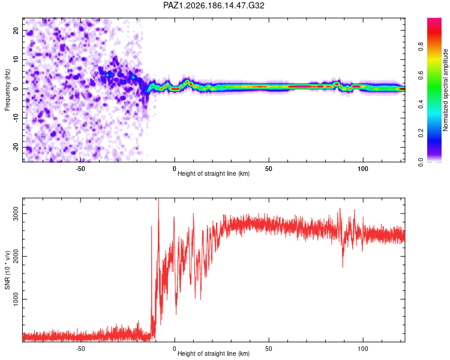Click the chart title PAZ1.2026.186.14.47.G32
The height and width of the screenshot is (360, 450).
coord(214,5)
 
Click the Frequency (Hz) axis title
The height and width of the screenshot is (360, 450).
coord(7,90)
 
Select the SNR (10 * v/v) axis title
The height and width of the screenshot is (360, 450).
coord(7,270)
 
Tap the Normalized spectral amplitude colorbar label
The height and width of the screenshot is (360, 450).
coord(445,90)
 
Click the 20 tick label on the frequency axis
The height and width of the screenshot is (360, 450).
coord(16,30)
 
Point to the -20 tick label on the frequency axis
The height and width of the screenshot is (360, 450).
coord(16,148)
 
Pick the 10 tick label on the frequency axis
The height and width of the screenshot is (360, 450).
coord(16,59)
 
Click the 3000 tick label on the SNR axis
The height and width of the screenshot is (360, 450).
coord(16,214)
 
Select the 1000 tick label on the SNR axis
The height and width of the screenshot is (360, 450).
coord(16,299)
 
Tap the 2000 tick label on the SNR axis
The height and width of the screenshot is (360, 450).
coord(16,256)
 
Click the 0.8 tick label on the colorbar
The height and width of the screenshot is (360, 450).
coord(421,47)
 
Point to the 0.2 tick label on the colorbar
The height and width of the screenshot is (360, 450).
coord(421,133)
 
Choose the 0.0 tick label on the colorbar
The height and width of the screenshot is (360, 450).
coord(421,162)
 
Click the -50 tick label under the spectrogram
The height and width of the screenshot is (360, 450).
coord(80,169)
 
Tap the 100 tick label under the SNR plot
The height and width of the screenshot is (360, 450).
coord(363,349)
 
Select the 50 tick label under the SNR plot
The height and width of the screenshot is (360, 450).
coord(269,349)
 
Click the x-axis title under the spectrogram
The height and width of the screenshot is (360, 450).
coord(214,173)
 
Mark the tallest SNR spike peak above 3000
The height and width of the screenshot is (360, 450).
coord(159,199)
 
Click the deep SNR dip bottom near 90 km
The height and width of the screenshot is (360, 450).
coord(343,267)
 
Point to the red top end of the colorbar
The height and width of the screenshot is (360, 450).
coord(434,19)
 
